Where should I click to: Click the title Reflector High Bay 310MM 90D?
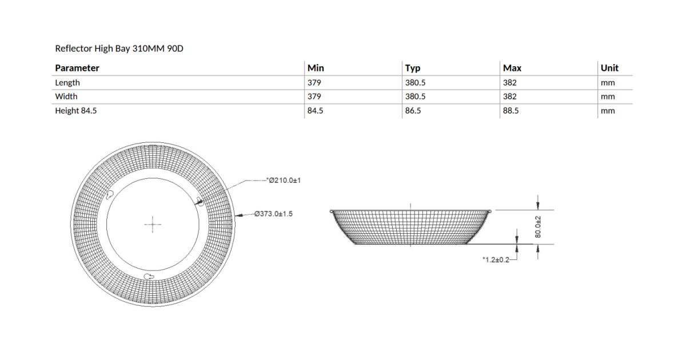click(119, 49)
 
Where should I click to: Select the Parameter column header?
click(77, 68)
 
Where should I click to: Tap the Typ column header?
click(413, 68)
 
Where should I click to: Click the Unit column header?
click(609, 68)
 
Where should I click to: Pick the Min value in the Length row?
click(314, 82)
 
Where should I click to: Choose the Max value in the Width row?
click(510, 97)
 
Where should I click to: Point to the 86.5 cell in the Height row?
click(413, 111)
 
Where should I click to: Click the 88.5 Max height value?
click(511, 111)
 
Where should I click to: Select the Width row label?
click(66, 97)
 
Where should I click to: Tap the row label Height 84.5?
click(76, 111)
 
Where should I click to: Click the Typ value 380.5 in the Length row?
click(415, 82)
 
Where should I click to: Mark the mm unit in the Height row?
click(608, 111)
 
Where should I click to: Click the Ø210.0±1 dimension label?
click(284, 181)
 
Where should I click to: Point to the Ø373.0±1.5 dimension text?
click(274, 214)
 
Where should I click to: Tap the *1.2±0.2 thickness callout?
click(495, 259)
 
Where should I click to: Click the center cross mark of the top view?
click(153, 225)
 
